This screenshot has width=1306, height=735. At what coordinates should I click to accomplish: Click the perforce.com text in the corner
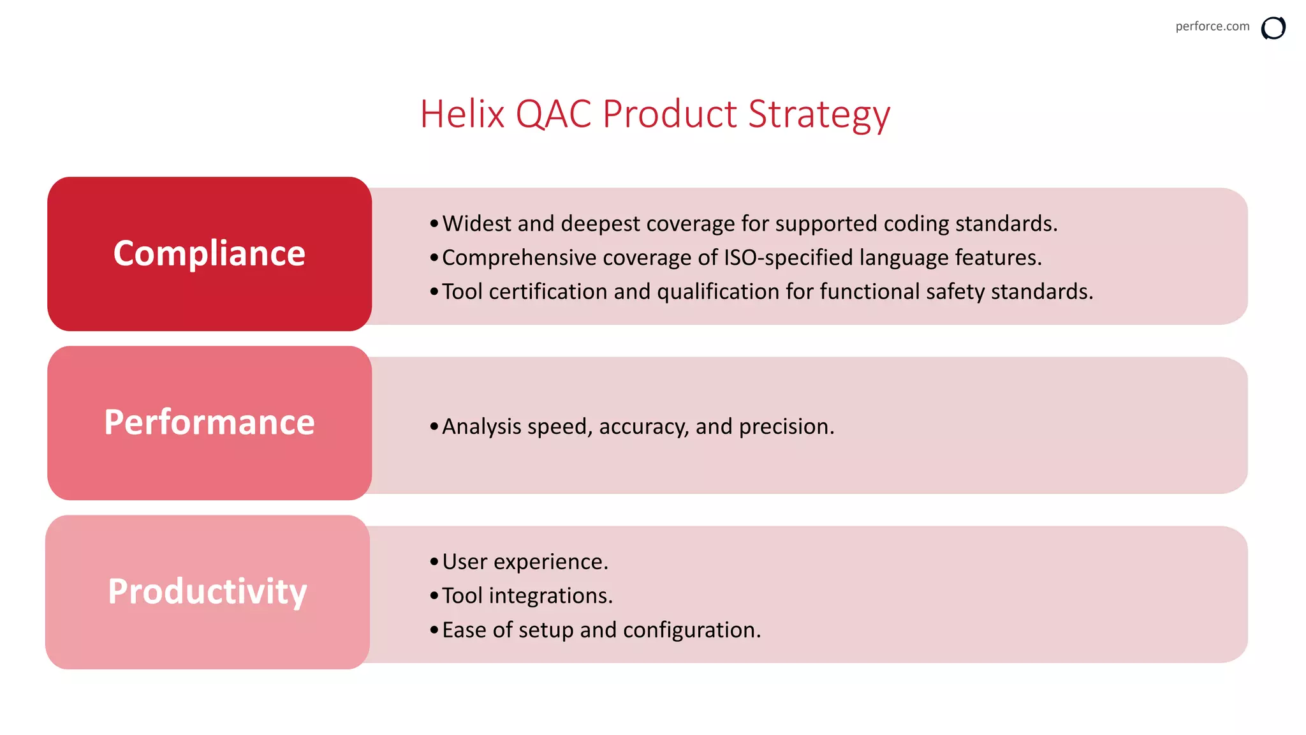[x=1212, y=26]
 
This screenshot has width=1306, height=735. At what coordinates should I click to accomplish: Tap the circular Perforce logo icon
[x=1273, y=28]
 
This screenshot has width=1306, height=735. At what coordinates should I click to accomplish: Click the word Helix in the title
[x=462, y=114]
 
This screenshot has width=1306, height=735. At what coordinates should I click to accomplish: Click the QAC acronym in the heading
[x=553, y=115]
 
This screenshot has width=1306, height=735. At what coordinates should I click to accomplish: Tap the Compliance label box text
[x=209, y=253]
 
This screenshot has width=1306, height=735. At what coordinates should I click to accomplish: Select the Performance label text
[x=209, y=422]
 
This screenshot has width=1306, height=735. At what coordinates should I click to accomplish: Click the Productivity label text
[x=207, y=591]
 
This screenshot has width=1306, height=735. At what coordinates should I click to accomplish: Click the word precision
[x=786, y=427]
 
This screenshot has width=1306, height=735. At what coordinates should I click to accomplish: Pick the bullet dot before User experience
[x=434, y=561]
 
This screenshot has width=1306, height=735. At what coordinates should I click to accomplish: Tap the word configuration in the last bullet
[x=691, y=630]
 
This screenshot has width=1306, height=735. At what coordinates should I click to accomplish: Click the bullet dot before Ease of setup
[x=434, y=630]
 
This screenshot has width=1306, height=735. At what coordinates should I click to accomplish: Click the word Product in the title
[x=670, y=114]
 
